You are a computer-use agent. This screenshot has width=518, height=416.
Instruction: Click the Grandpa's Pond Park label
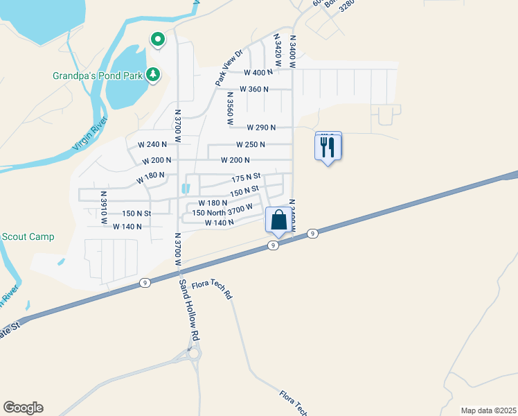pyautogui.click(x=98, y=75)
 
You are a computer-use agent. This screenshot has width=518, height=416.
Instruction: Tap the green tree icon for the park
pyautogui.click(x=153, y=74)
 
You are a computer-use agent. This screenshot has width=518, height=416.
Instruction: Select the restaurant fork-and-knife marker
pyautogui.click(x=328, y=146)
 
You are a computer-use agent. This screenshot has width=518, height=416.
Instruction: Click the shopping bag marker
pyautogui.click(x=278, y=220)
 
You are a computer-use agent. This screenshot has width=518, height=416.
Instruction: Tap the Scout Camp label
pyautogui.click(x=27, y=236)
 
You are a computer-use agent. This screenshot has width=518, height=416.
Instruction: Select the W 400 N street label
pyautogui.click(x=258, y=72)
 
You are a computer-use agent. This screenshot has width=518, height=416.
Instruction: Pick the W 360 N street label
pyautogui.click(x=253, y=89)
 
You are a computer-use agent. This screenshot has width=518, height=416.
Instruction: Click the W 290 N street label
pyautogui.click(x=261, y=127)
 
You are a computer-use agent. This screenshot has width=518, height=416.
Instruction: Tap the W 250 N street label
pyautogui.click(x=251, y=144)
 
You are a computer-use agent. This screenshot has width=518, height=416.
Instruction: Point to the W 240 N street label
pyautogui.click(x=153, y=144)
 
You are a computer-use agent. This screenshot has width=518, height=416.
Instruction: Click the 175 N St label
pyautogui.click(x=245, y=177)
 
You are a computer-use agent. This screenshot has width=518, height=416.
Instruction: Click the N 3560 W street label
pyautogui.click(x=230, y=107)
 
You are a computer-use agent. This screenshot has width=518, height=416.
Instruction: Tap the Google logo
pyautogui.click(x=23, y=408)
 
